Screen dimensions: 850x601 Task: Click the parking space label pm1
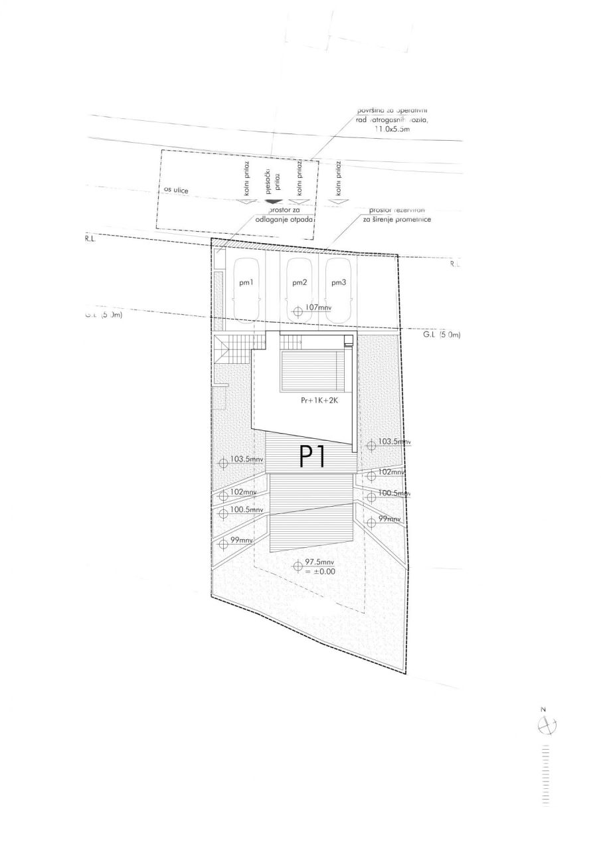pyautogui.click(x=247, y=283)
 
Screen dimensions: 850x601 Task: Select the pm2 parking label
pyautogui.click(x=300, y=283)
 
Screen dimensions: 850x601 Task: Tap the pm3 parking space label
pyautogui.click(x=339, y=283)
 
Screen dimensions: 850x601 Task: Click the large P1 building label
pyautogui.click(x=313, y=458)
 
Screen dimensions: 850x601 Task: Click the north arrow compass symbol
pyautogui.click(x=547, y=726)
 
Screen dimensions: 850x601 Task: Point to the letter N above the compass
pyautogui.click(x=543, y=710)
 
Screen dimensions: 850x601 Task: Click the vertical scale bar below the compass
pyautogui.click(x=547, y=775)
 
